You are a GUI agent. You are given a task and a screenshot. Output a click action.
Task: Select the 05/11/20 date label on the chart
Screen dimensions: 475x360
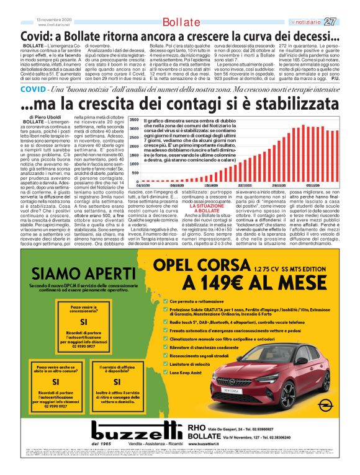(315, 185)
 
